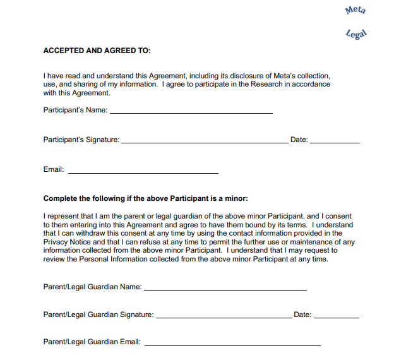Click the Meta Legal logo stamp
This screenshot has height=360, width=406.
click(x=356, y=21)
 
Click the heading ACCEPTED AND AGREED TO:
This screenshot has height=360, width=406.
click(x=97, y=51)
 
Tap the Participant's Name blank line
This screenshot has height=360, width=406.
click(x=191, y=112)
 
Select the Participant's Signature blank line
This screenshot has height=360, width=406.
click(x=204, y=141)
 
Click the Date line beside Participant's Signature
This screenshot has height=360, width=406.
click(x=335, y=141)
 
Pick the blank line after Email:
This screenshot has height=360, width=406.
click(x=143, y=171)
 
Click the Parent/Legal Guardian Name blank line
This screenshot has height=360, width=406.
click(x=225, y=289)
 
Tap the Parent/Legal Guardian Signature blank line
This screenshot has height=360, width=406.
click(x=224, y=316)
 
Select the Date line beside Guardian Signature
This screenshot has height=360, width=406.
click(x=336, y=316)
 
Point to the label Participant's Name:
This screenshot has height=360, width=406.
click(x=75, y=110)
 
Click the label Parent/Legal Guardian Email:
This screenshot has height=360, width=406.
click(x=92, y=342)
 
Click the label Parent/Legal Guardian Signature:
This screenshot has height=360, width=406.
click(x=98, y=315)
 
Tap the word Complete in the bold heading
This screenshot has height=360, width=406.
click(x=60, y=198)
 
